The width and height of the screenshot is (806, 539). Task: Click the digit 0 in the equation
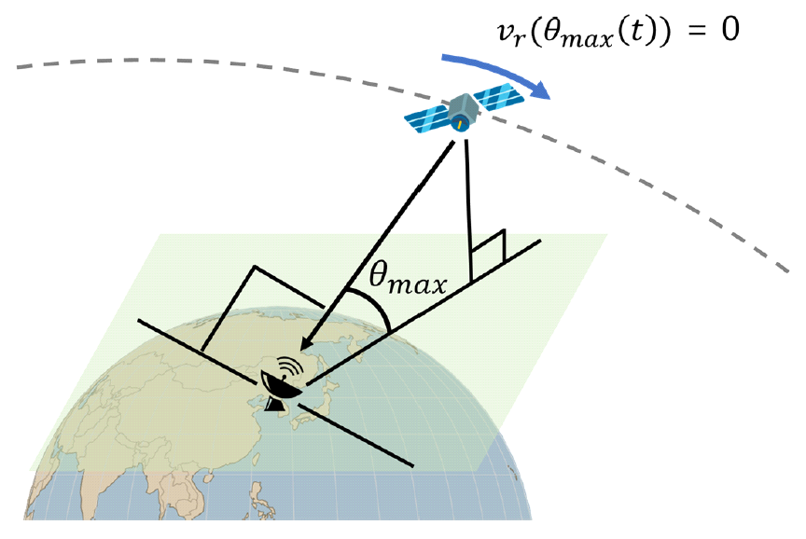click(728, 30)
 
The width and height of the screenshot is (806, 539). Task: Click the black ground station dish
click(279, 384)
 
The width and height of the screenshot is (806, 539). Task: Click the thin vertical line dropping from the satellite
click(467, 205)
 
